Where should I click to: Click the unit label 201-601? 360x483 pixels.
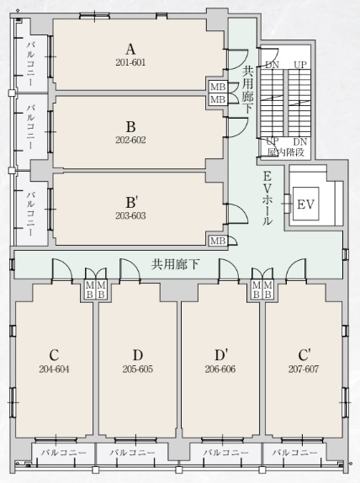(x=130, y=62)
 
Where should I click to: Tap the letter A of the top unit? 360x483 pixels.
(x=130, y=50)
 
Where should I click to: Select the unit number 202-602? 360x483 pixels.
(x=130, y=141)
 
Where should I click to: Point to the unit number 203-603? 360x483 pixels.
(x=130, y=215)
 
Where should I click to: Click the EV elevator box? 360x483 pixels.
(x=306, y=204)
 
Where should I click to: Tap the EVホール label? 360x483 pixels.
(x=267, y=199)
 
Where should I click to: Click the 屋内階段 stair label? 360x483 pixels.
(x=286, y=152)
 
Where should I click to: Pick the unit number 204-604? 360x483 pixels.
(x=54, y=369)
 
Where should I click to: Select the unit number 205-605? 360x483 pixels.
(x=138, y=369)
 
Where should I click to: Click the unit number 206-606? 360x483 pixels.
(x=220, y=369)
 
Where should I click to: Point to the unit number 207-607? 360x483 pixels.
(x=304, y=369)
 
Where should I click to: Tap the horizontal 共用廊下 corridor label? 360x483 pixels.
(x=176, y=264)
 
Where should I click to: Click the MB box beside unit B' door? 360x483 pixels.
(x=218, y=241)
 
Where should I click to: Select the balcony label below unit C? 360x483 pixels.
(x=64, y=453)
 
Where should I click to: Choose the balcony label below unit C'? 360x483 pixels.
(x=294, y=453)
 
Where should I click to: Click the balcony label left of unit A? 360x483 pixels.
(x=31, y=64)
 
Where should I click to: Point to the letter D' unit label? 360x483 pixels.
(x=221, y=355)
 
